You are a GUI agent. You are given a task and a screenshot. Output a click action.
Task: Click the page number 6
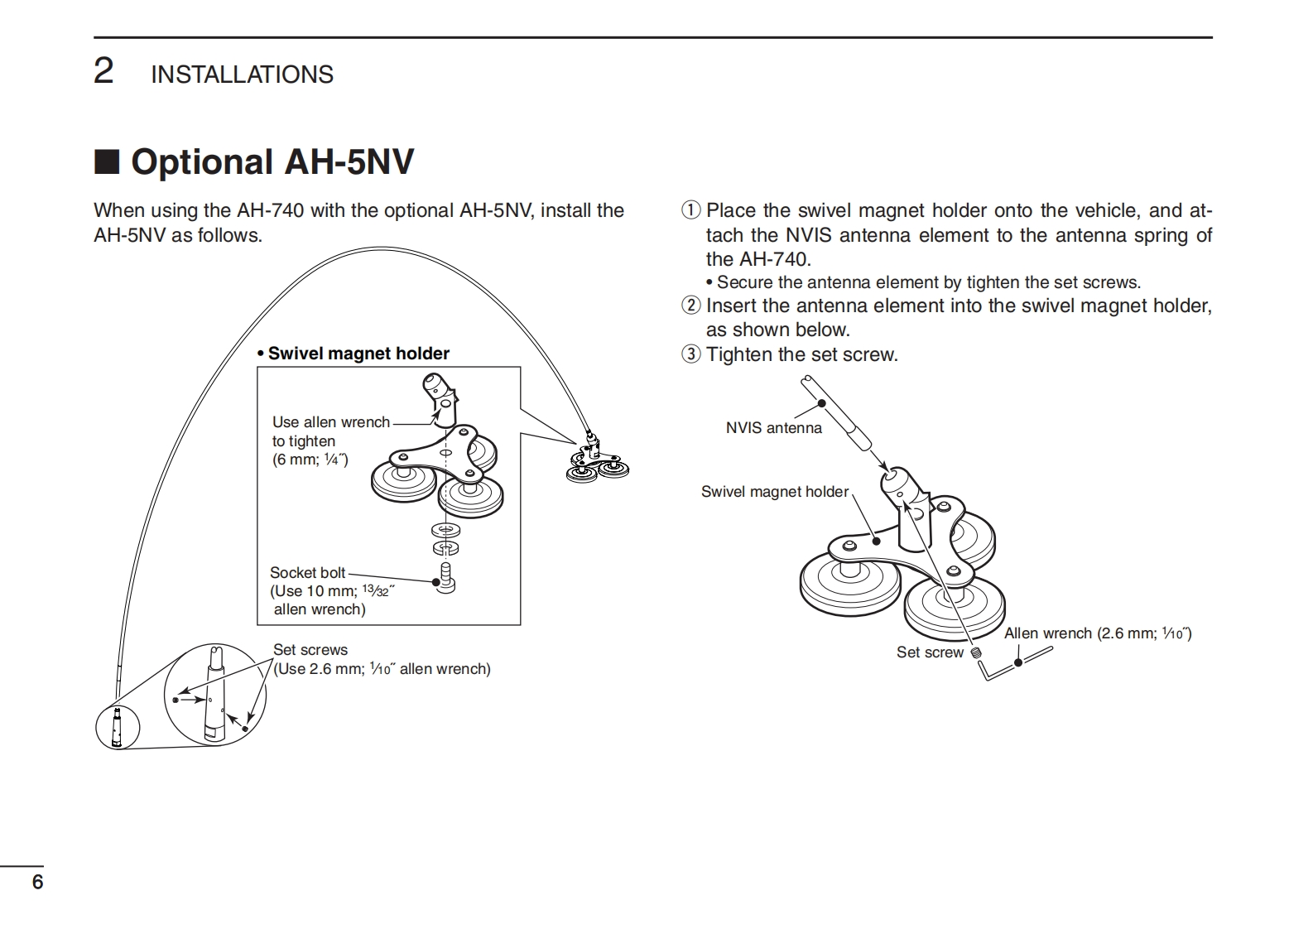click(x=37, y=882)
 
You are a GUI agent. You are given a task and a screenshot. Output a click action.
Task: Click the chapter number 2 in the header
click(x=103, y=72)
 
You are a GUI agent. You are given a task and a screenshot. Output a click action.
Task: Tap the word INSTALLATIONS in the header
click(x=242, y=75)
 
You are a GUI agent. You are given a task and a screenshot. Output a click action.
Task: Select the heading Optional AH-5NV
click(x=272, y=161)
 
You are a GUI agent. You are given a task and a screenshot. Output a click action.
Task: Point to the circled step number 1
click(x=690, y=210)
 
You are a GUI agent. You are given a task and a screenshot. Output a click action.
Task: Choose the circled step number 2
click(x=690, y=306)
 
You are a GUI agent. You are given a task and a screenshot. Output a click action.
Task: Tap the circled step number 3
click(x=690, y=354)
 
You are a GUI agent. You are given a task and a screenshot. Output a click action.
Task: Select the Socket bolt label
click(x=307, y=572)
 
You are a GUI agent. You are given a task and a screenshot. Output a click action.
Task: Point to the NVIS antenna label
click(x=773, y=428)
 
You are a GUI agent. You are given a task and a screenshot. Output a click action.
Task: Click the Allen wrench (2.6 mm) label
click(x=1097, y=633)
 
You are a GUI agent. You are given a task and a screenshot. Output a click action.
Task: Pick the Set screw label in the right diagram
click(x=930, y=652)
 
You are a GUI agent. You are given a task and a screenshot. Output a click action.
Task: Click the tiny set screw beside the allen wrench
click(x=975, y=652)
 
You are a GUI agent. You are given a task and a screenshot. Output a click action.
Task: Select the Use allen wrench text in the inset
click(x=330, y=422)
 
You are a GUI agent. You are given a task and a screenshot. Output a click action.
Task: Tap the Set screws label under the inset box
click(x=310, y=650)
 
